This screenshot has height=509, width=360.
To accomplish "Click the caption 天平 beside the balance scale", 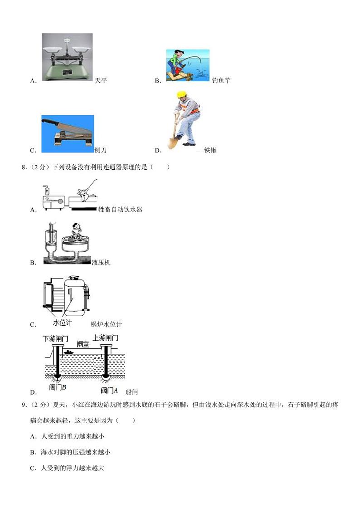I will pos(101,81).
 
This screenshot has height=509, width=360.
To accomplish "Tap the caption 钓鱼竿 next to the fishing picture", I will pos(221,81).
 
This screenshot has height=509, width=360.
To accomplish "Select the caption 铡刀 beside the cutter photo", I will pos(101,150).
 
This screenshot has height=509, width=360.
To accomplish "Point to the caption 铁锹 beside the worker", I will pos(210,150).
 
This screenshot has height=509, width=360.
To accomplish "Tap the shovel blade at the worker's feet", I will pos(172,142).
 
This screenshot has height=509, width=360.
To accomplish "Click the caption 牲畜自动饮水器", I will pos(120,210).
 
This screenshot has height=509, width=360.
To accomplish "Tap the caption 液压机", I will pos(101,263).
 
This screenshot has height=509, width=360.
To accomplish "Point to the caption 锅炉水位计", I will pos(107,324).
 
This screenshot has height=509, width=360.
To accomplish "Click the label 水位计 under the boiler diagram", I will pos(63,323).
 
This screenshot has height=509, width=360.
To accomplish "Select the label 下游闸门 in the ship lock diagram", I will pos(55,338).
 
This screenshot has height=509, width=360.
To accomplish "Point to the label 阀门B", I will pos(58,388).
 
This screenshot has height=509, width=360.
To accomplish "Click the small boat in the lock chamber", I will pos(69,352).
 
